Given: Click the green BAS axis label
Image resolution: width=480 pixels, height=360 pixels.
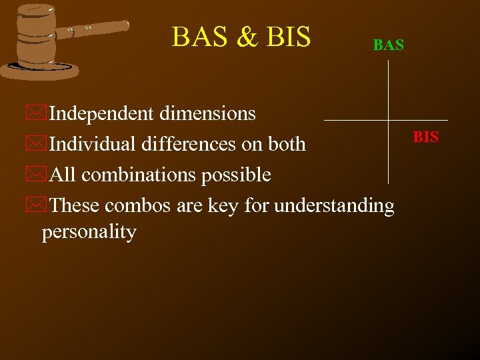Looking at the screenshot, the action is pos(389,45).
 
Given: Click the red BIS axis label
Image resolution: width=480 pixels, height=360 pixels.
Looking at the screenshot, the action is pos(426,137).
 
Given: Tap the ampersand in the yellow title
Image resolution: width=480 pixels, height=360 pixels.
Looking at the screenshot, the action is pos(247,37).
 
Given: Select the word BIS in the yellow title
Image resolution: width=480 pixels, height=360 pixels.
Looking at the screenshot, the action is pos(288,37).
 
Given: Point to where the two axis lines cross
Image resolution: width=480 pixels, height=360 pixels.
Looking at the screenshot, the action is pos(388,120).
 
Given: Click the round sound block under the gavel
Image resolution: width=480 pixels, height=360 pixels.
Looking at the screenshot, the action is pos(40,69).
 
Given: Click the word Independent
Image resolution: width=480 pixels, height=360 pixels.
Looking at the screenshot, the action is pos(101,114).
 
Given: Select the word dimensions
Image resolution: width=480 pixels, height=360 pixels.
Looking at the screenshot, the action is pos(207,114).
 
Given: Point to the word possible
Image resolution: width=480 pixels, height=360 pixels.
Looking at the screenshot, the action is pos(237,175).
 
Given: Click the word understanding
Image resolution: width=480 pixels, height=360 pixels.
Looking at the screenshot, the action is pos(335,205).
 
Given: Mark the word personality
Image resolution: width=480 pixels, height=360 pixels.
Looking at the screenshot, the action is pos(89,232).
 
